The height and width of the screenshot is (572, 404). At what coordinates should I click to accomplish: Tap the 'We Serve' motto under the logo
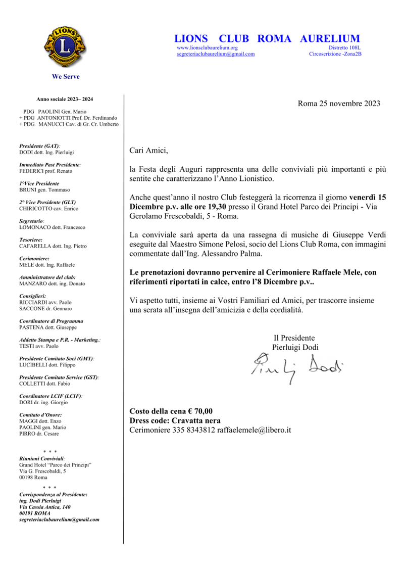pyautogui.click(x=66, y=77)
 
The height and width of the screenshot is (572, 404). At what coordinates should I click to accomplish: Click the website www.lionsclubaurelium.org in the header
pyautogui.click(x=207, y=47)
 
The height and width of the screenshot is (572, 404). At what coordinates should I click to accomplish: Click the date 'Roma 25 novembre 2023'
pyautogui.click(x=339, y=104)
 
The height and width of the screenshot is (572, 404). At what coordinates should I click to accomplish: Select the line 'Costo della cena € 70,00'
pyautogui.click(x=171, y=411)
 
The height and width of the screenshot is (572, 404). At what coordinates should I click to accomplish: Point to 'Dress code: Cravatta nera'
pyautogui.click(x=175, y=420)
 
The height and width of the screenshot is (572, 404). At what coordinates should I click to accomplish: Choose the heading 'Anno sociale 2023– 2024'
pyautogui.click(x=65, y=100)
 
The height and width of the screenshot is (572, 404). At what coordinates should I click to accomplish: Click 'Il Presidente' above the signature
pyautogui.click(x=294, y=338)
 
